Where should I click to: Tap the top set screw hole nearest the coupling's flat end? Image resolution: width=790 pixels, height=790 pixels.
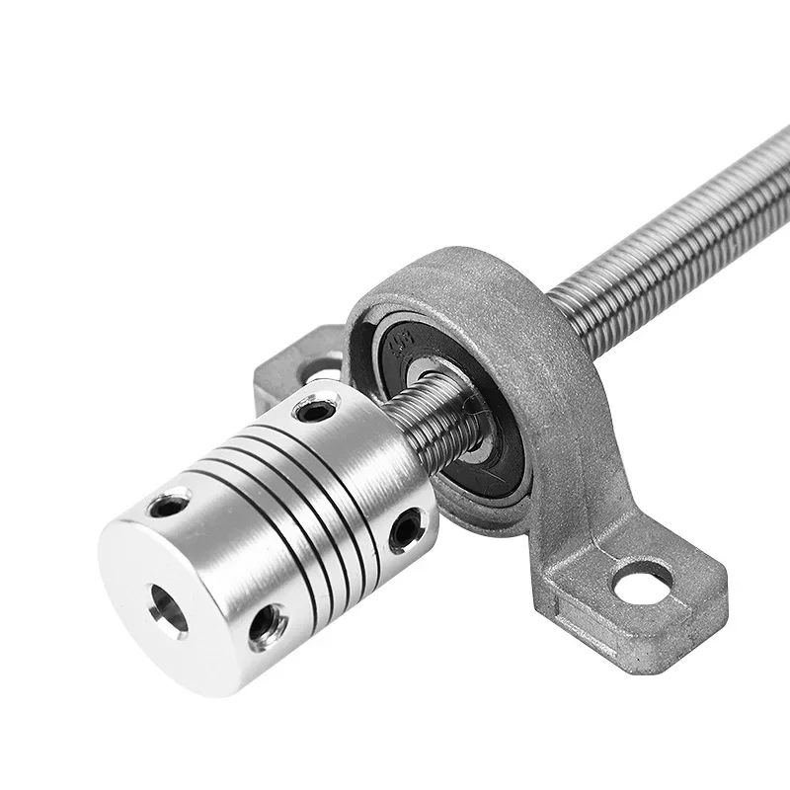169,507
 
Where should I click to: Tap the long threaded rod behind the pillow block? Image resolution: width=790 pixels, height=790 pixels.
671,237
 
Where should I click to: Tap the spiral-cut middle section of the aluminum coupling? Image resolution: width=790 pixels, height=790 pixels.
296,504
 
